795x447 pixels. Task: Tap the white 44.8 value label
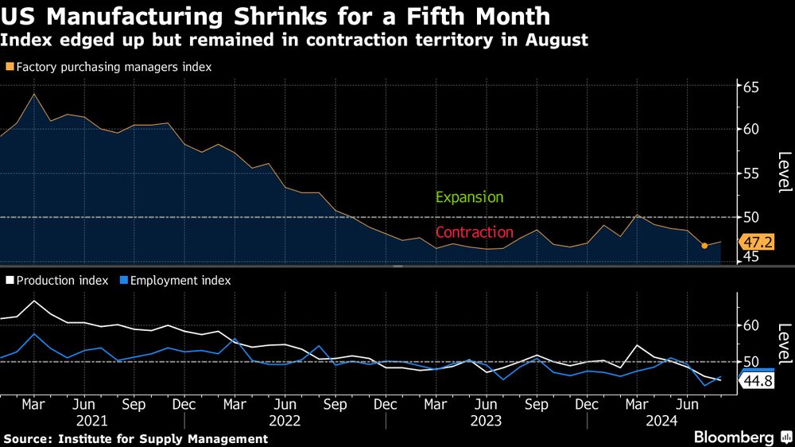coord(757,382)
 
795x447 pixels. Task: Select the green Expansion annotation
coord(469,197)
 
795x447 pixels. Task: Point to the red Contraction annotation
coord(474,232)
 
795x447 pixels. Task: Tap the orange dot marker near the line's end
coord(704,246)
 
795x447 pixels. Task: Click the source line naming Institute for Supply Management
coord(135,439)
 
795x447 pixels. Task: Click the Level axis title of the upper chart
coord(784,172)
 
